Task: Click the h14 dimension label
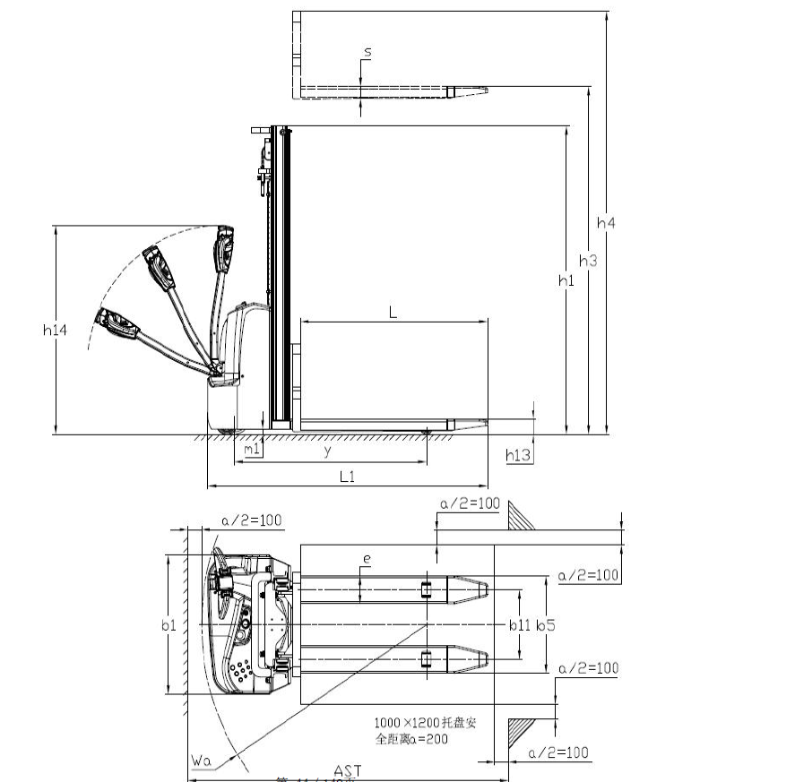pyautogui.click(x=56, y=330)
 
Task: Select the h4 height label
pyautogui.click(x=606, y=222)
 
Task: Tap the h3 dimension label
pyautogui.click(x=587, y=261)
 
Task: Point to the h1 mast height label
pyautogui.click(x=566, y=280)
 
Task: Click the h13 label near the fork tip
pyautogui.click(x=518, y=456)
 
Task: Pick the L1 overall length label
pyautogui.click(x=348, y=477)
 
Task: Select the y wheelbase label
pyautogui.click(x=327, y=452)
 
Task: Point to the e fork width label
pyautogui.click(x=366, y=560)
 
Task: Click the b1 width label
pyautogui.click(x=169, y=625)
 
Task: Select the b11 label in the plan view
pyautogui.click(x=520, y=625)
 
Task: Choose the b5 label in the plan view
pyautogui.click(x=545, y=625)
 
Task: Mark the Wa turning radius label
pyautogui.click(x=201, y=761)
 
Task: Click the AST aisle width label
pyautogui.click(x=348, y=771)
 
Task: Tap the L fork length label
pyautogui.click(x=393, y=311)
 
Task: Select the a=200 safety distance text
pyautogui.click(x=412, y=739)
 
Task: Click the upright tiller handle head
pyautogui.click(x=223, y=246)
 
